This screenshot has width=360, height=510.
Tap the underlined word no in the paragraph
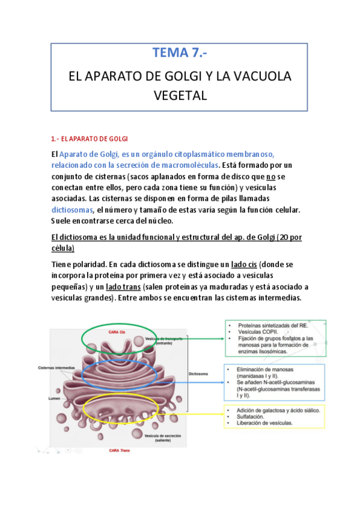[270, 176]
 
